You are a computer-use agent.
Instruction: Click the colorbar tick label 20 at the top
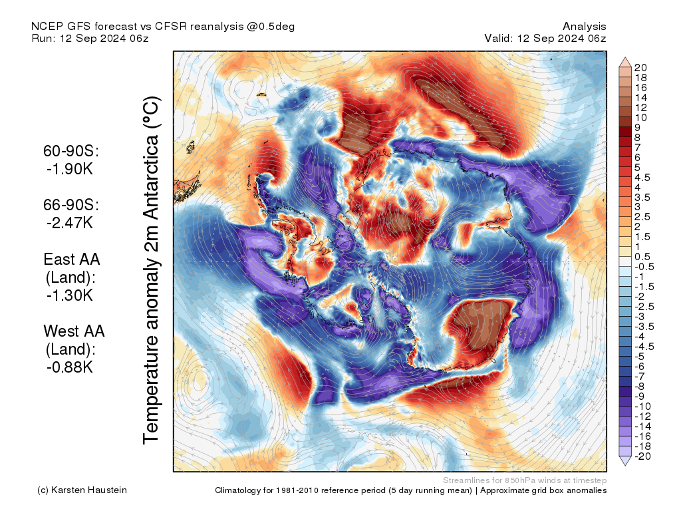(641, 67)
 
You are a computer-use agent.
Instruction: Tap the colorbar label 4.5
(643, 177)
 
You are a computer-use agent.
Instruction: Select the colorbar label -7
(639, 376)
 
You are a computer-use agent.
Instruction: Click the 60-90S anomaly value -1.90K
(70, 169)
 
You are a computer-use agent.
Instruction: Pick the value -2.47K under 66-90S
(70, 223)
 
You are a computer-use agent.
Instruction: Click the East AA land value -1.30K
(70, 295)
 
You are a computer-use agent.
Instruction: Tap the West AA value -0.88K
(70, 367)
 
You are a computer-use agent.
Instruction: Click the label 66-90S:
(71, 205)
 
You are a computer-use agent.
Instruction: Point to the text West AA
(74, 331)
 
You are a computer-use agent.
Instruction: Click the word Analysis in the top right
(584, 26)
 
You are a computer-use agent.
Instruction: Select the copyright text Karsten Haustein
(90, 490)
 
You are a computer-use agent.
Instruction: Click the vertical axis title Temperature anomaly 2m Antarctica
(152, 271)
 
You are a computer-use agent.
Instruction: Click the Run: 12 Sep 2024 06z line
(90, 38)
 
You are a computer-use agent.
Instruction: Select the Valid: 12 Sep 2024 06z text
(545, 38)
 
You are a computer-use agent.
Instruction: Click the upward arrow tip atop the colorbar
(624, 59)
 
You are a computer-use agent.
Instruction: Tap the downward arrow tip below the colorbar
(624, 464)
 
